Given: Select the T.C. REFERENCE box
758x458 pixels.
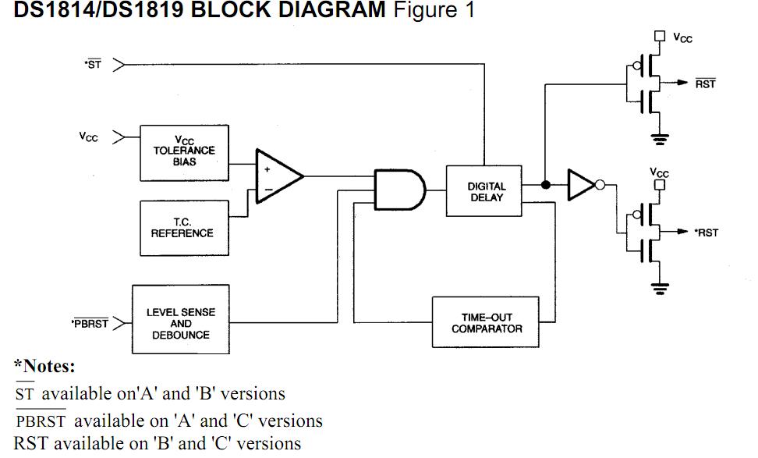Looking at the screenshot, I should pyautogui.click(x=182, y=227).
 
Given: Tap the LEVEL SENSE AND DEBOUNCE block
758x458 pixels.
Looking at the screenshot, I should pyautogui.click(x=180, y=323).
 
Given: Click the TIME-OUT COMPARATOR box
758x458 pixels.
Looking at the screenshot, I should pyautogui.click(x=487, y=323).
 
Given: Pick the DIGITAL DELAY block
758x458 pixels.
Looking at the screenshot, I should pyautogui.click(x=486, y=191).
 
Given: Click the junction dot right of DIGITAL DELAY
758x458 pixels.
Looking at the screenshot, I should pyautogui.click(x=546, y=185).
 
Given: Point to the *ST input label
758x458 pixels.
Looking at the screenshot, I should pyautogui.click(x=93, y=65).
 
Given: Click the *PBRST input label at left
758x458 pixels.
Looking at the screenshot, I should pyautogui.click(x=90, y=323).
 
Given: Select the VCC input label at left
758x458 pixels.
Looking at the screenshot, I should pyautogui.click(x=88, y=137).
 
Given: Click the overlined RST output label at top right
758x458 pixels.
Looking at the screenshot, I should pyautogui.click(x=705, y=83).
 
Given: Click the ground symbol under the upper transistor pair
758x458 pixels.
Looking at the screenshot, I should pyautogui.click(x=661, y=140).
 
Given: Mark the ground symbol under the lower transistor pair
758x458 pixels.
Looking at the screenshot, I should pyautogui.click(x=661, y=289).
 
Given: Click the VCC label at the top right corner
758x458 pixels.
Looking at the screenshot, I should pyautogui.click(x=682, y=37).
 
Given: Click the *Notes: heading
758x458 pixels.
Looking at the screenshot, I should pyautogui.click(x=44, y=367).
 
